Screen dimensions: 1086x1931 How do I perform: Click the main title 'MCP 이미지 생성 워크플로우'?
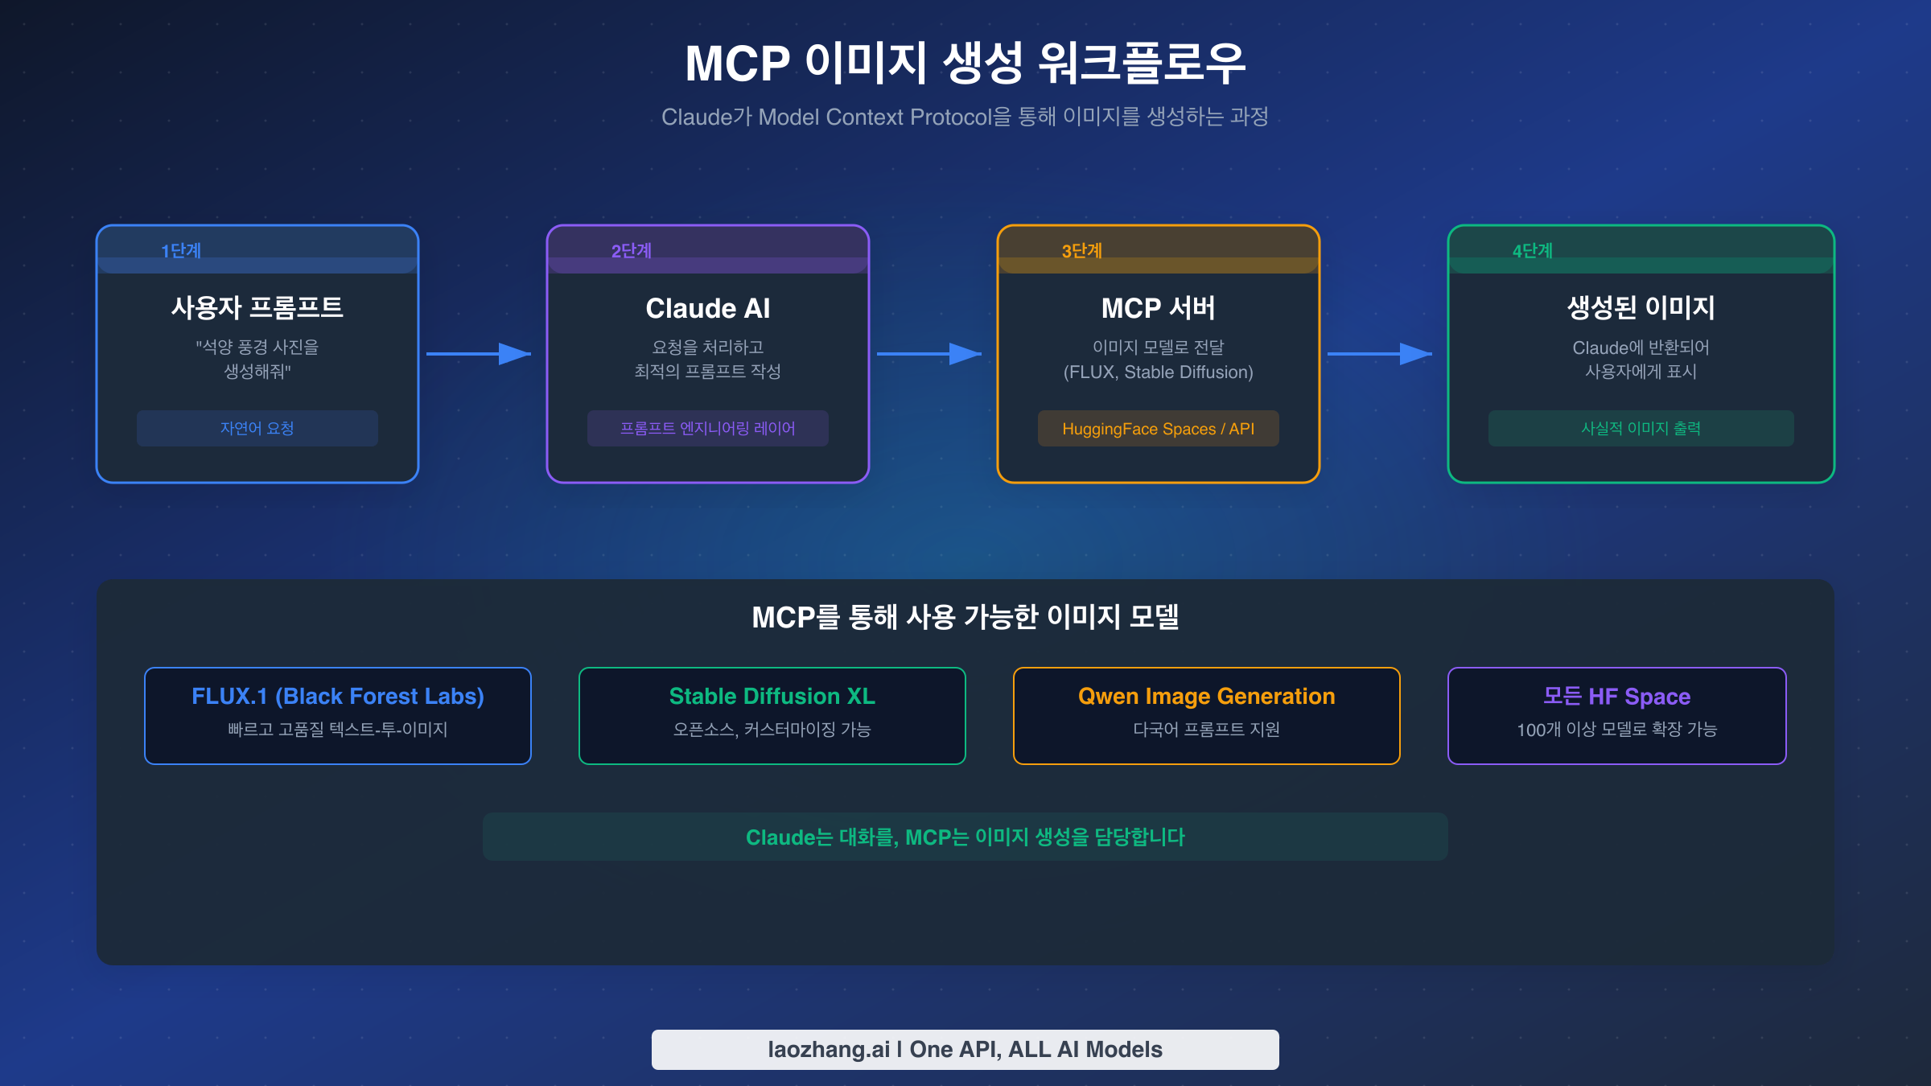point(965,64)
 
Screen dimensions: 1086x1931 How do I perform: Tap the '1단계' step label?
point(181,251)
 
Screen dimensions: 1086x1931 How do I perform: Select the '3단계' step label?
point(1081,251)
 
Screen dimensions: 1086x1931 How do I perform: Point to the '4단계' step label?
point(1532,251)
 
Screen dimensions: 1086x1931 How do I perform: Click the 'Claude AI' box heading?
point(707,308)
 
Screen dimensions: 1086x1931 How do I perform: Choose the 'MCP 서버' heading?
point(1158,308)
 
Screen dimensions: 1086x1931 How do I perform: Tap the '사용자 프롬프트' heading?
point(257,307)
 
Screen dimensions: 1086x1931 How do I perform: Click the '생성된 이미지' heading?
point(1641,307)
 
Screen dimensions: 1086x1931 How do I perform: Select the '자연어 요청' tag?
point(257,428)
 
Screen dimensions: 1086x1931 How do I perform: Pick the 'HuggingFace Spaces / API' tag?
point(1158,429)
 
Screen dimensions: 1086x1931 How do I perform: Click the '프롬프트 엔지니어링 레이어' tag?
point(707,428)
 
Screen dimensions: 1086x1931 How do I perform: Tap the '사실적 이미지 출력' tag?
point(1641,428)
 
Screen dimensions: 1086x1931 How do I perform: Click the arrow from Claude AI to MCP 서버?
point(929,354)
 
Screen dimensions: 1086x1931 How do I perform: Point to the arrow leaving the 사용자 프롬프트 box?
point(479,354)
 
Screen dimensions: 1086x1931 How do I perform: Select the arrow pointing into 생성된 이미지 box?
point(1380,354)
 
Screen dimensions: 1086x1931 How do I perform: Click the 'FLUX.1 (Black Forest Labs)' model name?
point(337,696)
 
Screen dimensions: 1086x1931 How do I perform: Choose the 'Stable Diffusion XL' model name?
point(772,696)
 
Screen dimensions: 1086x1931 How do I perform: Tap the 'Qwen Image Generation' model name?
point(1206,696)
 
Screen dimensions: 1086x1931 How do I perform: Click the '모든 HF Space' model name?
point(1616,696)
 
